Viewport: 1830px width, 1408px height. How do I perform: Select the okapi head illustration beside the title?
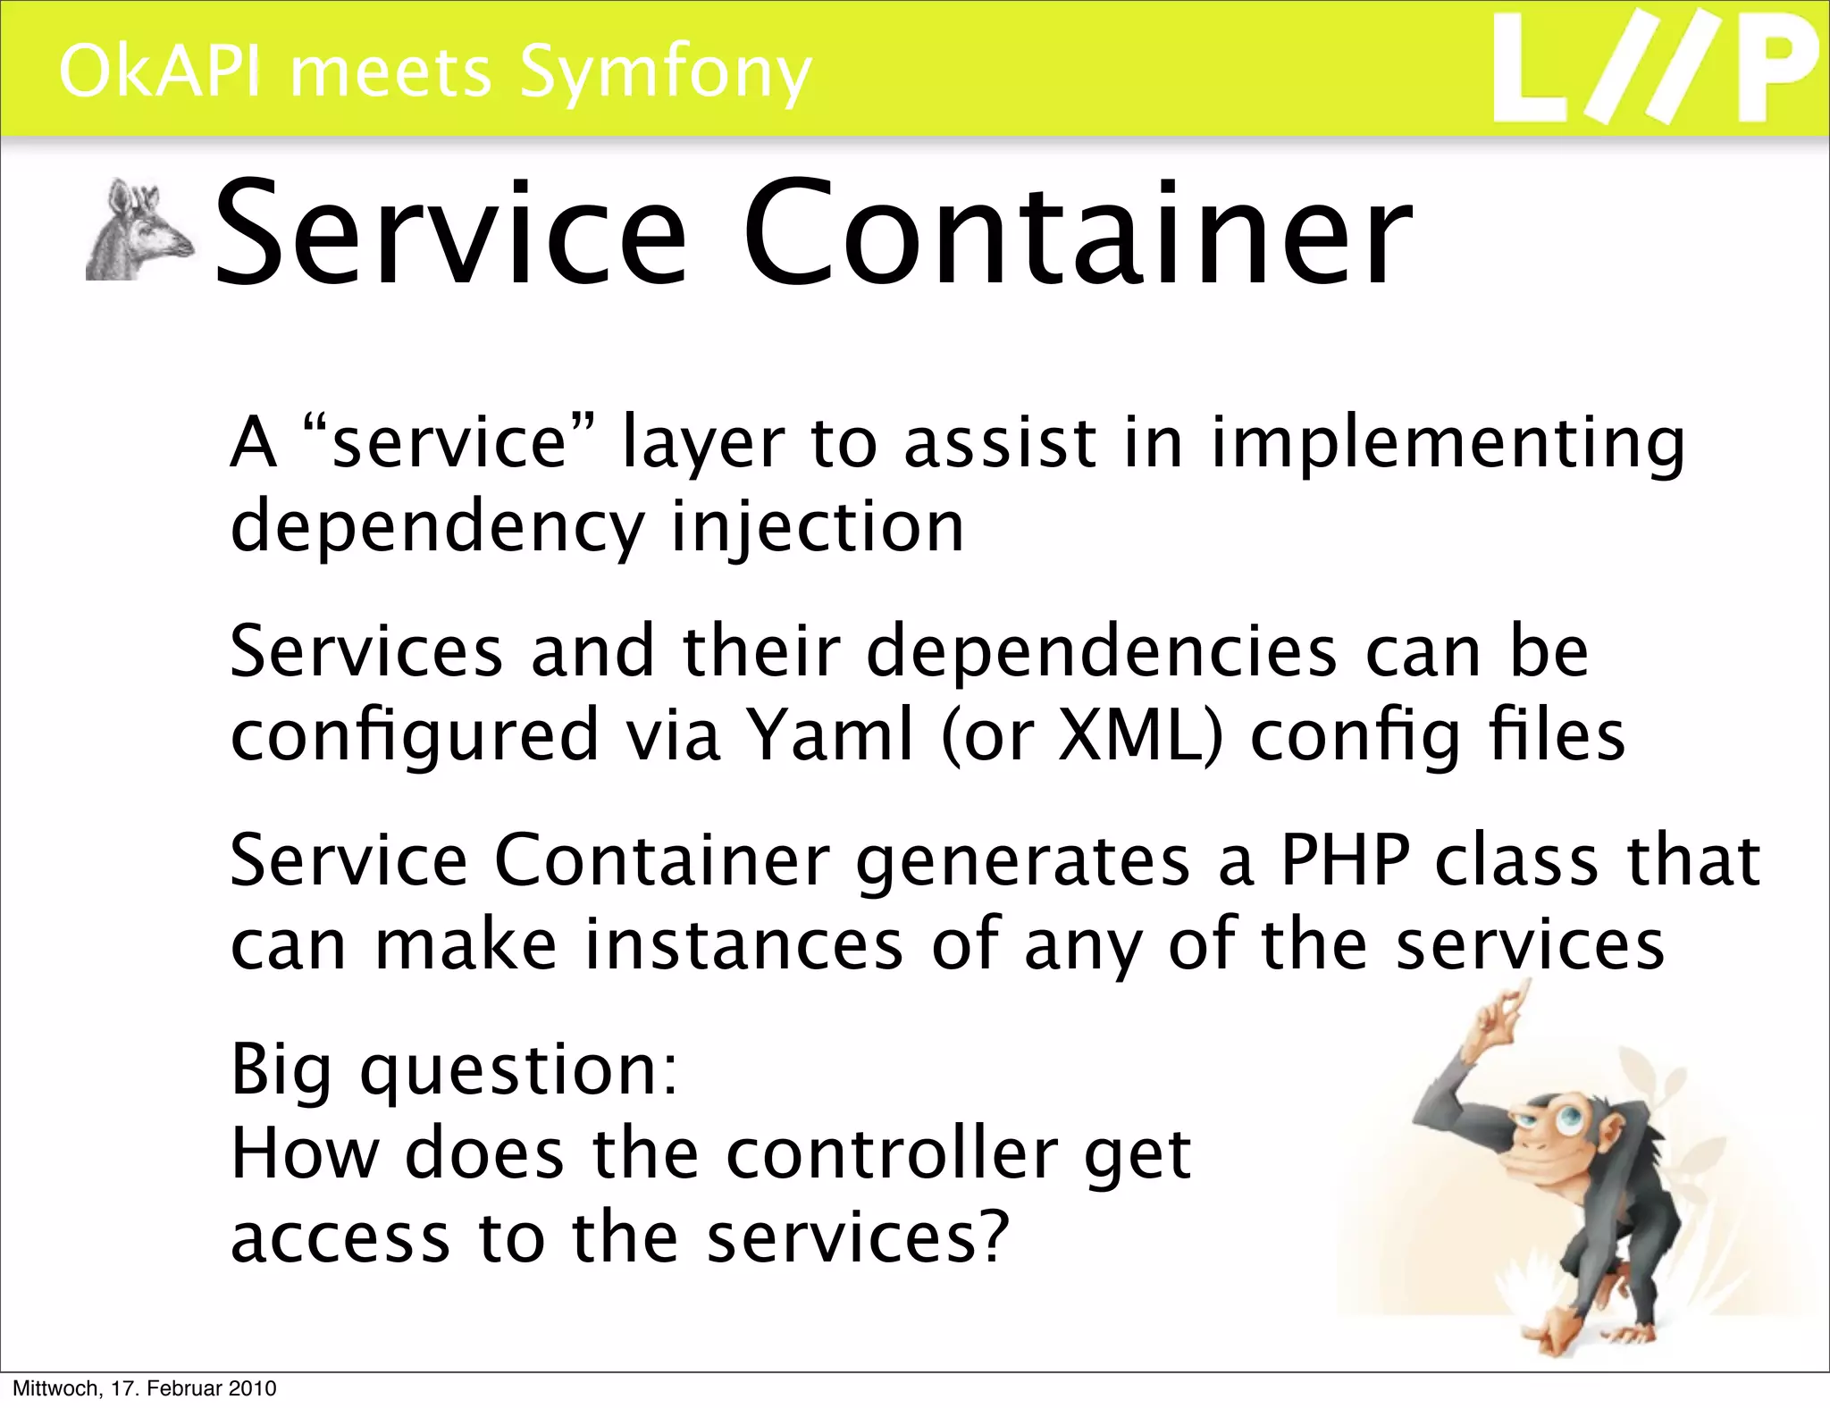point(139,230)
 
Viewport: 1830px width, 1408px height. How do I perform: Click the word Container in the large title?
point(1077,234)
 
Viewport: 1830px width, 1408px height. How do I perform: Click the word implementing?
point(1448,444)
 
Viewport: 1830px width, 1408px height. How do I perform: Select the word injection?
point(818,527)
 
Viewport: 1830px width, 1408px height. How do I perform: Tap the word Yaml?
point(830,735)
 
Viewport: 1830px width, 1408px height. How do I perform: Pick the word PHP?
point(1345,859)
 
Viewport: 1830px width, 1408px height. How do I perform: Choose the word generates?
point(1022,861)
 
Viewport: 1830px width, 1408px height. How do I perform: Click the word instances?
point(743,944)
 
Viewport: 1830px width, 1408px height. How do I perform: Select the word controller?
point(891,1153)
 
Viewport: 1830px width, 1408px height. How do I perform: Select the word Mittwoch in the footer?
point(55,1388)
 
